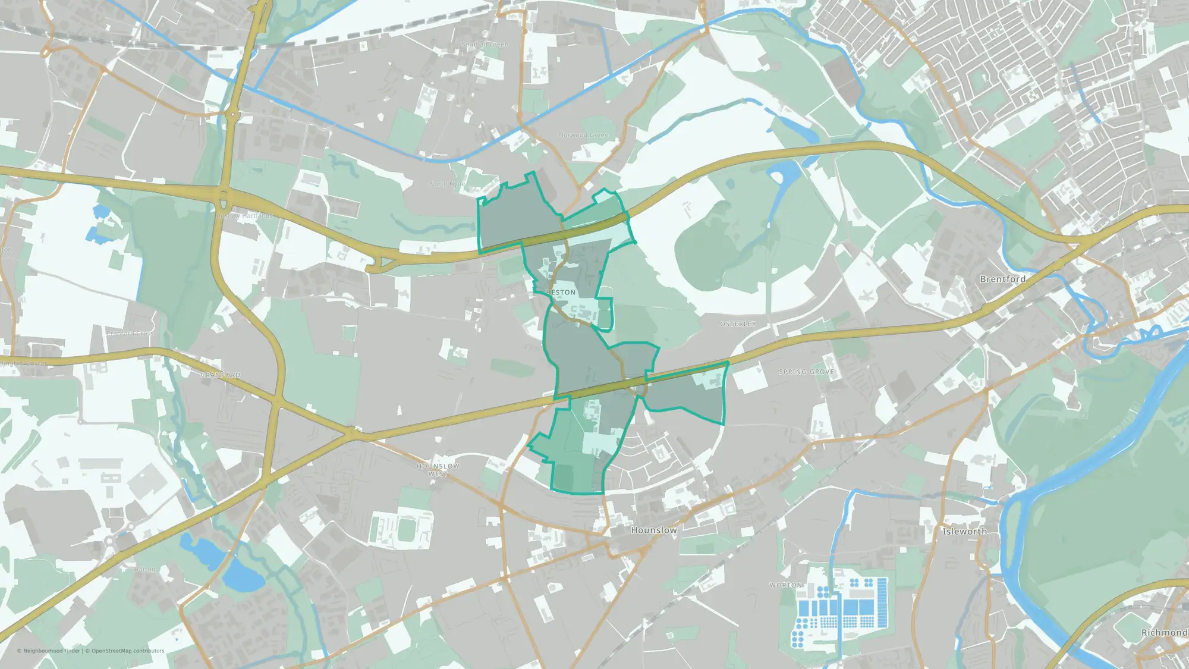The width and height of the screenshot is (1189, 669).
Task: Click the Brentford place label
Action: point(1002,279)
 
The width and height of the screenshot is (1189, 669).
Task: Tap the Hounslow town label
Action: point(653,530)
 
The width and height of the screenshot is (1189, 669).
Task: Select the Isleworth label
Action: point(964,531)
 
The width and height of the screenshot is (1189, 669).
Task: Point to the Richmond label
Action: point(1164,633)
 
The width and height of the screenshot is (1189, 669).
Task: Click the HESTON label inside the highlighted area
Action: point(561,293)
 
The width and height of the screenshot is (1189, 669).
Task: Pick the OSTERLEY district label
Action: point(738,324)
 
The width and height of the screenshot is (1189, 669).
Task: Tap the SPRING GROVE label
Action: point(806,372)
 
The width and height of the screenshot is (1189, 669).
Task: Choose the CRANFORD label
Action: point(220,375)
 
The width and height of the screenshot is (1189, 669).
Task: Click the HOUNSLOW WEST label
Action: point(438,470)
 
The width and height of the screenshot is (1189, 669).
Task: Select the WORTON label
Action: point(785,585)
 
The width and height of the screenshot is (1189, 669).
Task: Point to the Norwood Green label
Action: point(583,135)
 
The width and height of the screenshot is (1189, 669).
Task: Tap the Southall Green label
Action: point(485,45)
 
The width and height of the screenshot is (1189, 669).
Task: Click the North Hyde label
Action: point(447,184)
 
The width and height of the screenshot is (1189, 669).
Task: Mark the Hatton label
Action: point(144,569)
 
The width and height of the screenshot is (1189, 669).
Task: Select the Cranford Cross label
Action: point(130,333)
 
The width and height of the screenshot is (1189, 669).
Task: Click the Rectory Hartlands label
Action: point(244,216)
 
